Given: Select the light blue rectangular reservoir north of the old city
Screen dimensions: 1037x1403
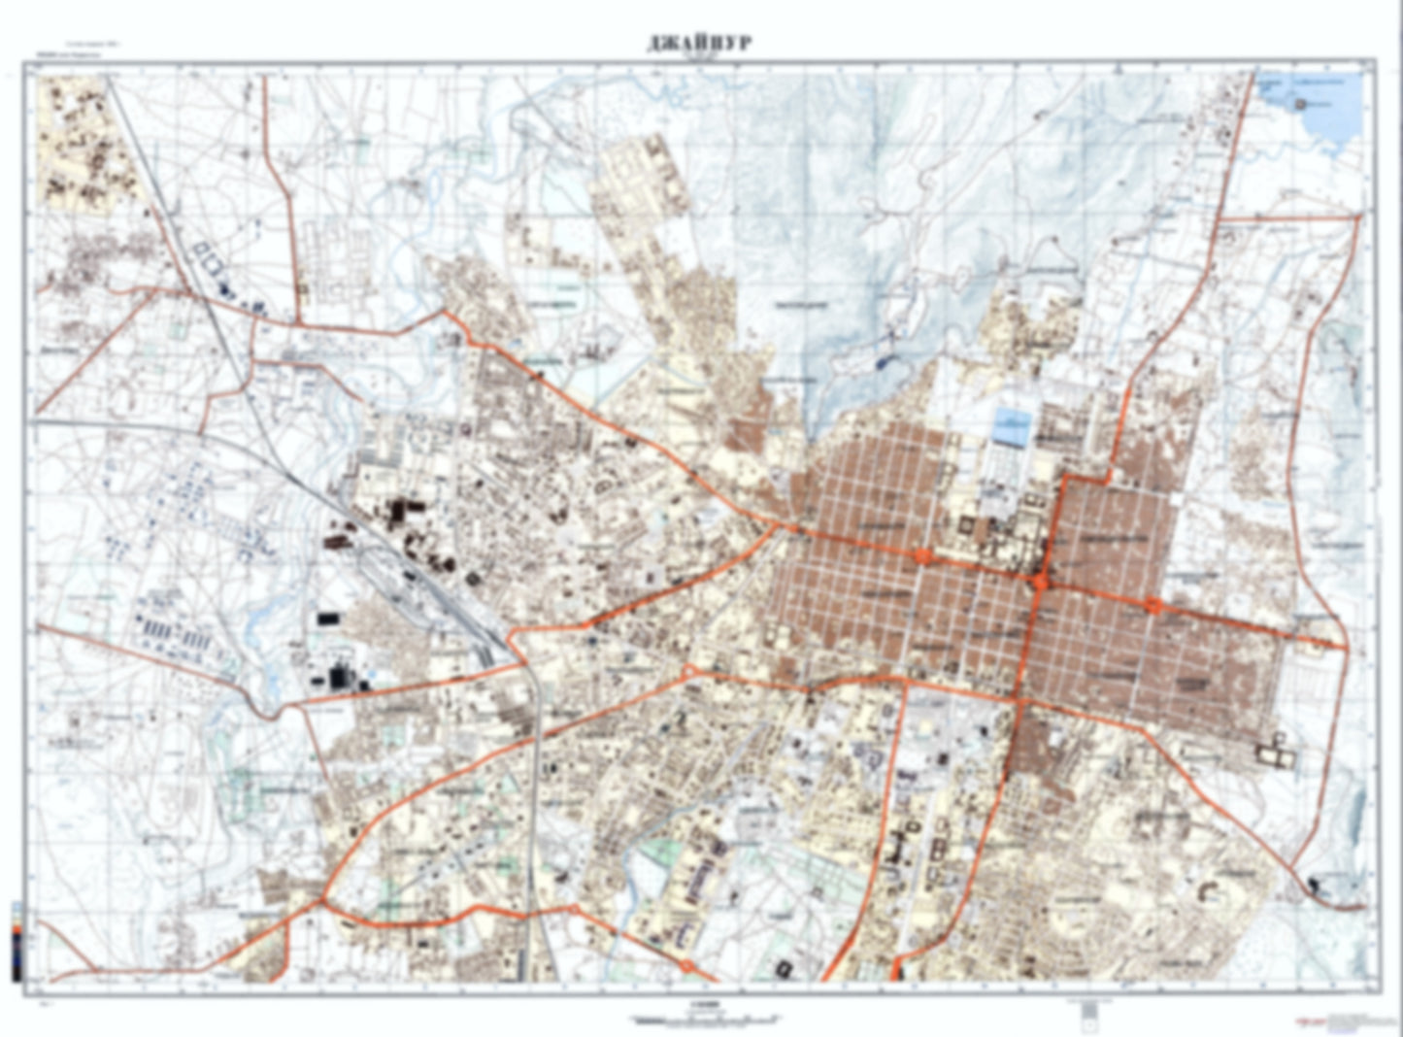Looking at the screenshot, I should [1012, 427].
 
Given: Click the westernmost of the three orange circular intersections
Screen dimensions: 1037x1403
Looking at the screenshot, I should [921, 556].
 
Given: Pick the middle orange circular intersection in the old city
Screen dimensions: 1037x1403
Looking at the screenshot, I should [1040, 582].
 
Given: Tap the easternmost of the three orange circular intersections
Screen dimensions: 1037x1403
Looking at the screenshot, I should [1153, 606].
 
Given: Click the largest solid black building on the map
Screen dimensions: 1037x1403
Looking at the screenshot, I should [340, 676].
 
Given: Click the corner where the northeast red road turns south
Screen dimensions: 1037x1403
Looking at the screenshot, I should [1357, 217].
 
